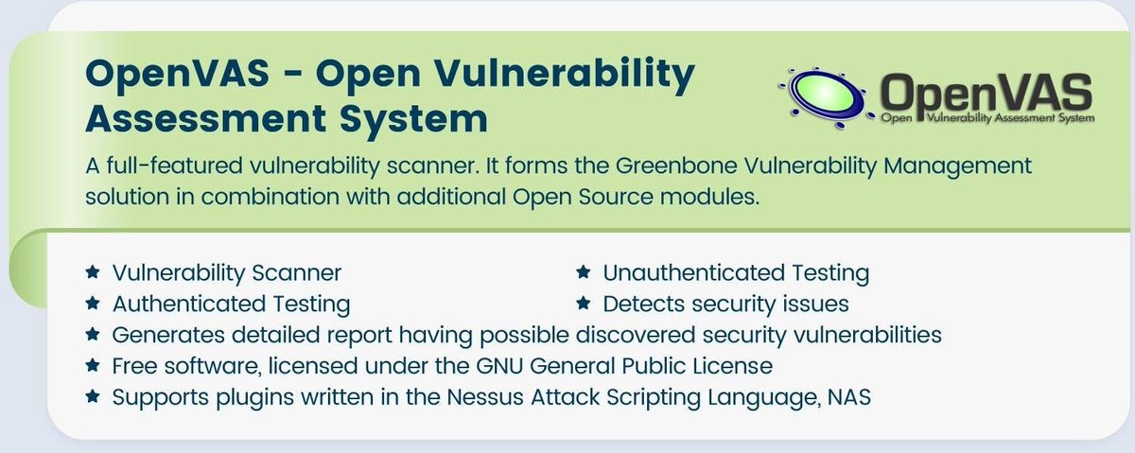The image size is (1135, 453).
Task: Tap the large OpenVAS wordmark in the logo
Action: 985,93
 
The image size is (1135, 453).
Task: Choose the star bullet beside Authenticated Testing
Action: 92,304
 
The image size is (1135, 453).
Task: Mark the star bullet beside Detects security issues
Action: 584,304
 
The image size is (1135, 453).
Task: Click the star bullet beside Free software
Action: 92,365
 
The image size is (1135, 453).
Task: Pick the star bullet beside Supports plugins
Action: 92,396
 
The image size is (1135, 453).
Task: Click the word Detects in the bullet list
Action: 641,304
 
